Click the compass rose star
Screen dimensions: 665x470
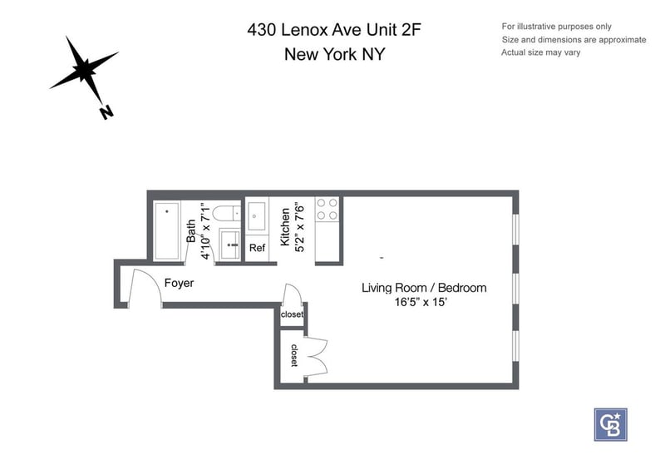86,68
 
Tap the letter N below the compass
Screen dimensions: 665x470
106,112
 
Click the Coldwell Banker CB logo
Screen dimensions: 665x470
610,425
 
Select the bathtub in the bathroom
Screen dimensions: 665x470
167,231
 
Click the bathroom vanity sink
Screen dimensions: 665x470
230,245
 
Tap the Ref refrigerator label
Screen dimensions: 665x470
257,248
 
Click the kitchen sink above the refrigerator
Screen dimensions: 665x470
257,216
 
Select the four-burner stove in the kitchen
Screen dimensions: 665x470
328,210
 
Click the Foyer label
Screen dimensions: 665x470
179,283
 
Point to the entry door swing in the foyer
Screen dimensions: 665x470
144,287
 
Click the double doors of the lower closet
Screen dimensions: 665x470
316,357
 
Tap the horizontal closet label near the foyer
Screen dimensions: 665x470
292,314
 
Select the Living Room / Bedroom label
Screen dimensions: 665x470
424,288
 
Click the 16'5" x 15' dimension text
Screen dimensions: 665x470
421,302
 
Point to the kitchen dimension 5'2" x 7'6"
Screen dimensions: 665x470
299,227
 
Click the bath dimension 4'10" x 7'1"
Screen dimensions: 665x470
205,231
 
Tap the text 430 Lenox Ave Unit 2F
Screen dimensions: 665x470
334,30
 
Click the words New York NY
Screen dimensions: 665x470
335,54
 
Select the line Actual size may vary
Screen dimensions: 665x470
541,52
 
